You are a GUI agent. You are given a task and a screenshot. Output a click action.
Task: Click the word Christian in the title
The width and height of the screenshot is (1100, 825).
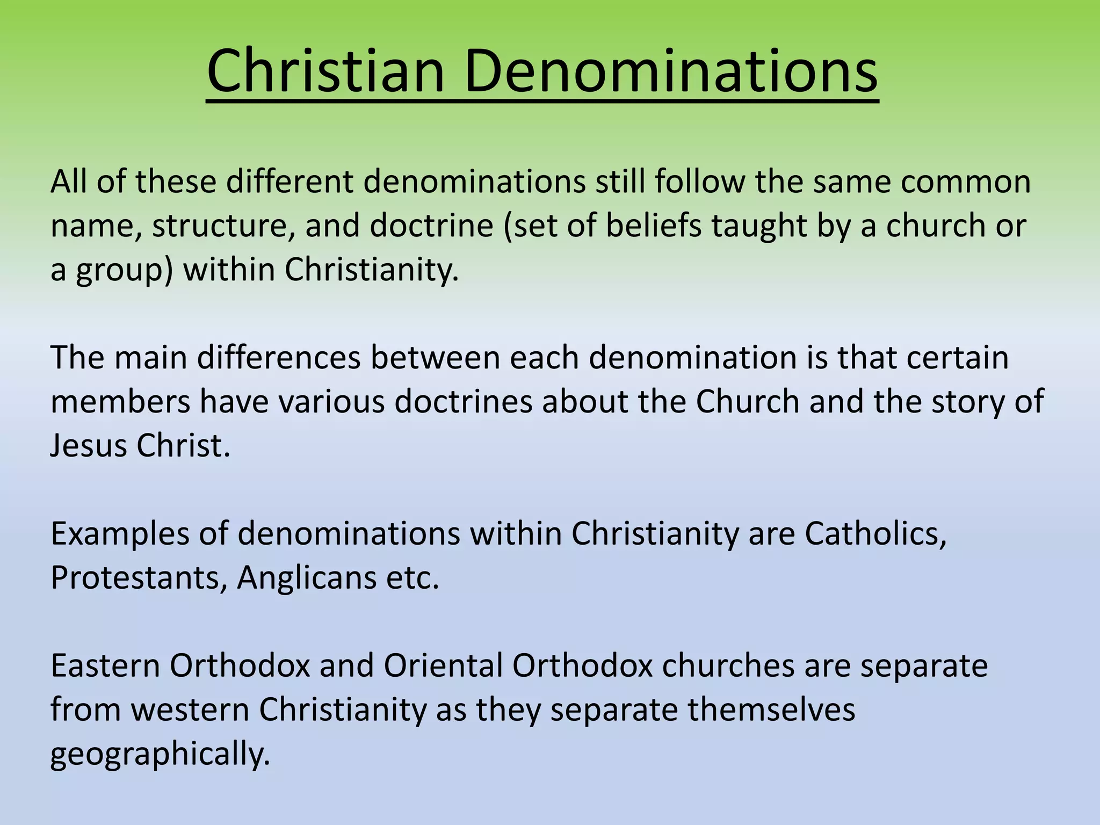click(325, 71)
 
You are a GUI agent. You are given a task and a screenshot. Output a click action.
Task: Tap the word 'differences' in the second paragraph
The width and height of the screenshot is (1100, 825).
click(279, 357)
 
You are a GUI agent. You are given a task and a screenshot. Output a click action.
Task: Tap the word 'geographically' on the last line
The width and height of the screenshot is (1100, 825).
click(160, 755)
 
